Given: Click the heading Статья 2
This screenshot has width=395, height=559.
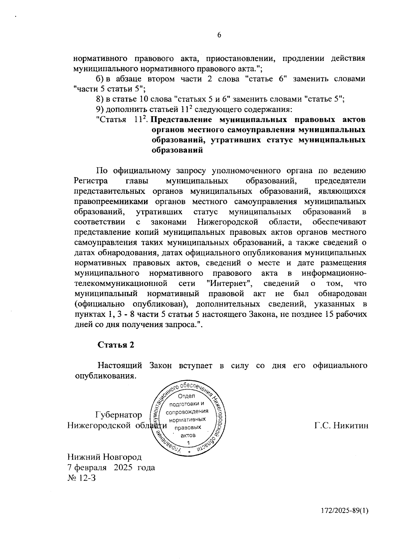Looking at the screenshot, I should tap(116, 345).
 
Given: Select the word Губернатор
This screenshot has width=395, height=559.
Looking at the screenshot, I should tap(119, 415).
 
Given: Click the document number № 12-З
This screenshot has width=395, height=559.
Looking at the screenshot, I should tap(81, 478).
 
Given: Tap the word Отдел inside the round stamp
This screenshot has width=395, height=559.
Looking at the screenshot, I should tap(186, 396).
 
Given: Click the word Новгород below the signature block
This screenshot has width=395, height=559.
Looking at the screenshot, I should tap(122, 457).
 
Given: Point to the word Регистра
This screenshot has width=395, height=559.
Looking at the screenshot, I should tap(91, 181).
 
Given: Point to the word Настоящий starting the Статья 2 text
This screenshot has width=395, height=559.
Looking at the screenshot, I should tap(119, 366).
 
